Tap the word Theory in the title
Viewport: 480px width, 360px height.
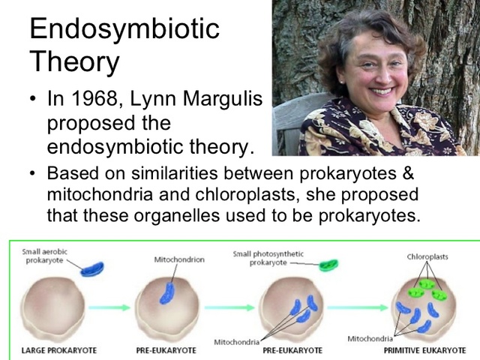tap(73, 61)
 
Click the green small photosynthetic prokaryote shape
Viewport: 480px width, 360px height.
tap(328, 265)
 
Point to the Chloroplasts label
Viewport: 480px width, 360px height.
tap(427, 256)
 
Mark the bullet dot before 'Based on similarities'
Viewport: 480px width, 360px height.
tap(33, 174)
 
